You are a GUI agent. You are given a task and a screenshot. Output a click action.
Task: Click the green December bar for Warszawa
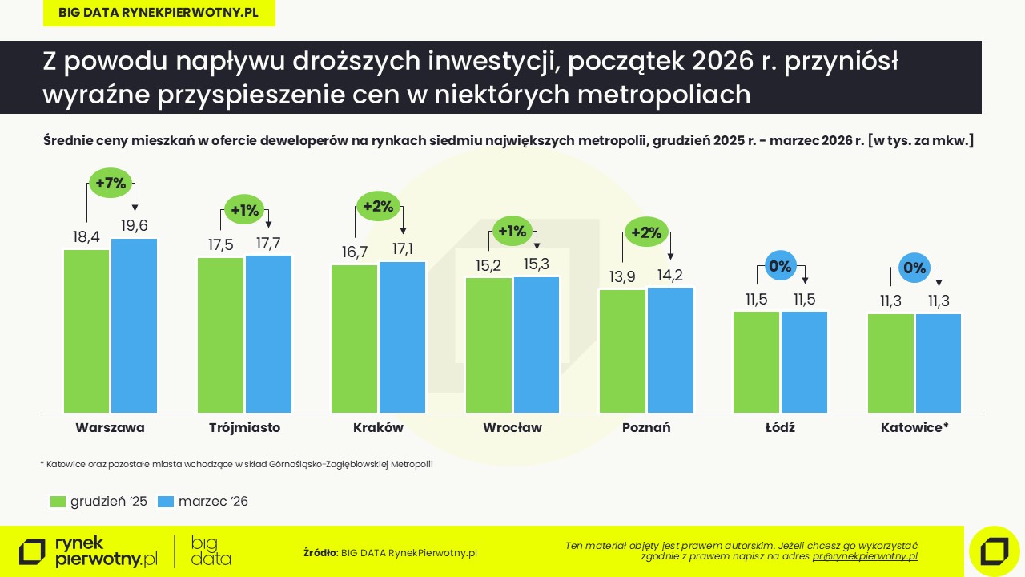(86, 331)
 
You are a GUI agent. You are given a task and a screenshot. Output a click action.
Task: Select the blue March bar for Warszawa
(134, 325)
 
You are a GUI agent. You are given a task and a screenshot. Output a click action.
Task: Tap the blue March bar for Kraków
(402, 337)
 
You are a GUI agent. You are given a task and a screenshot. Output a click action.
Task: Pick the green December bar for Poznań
(622, 351)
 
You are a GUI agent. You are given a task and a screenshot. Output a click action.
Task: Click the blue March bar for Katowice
(938, 363)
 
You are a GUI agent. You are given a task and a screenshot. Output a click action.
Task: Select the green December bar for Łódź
(756, 361)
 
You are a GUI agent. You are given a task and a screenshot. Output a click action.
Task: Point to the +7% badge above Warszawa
(111, 183)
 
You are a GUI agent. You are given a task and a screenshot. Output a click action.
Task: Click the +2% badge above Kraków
(378, 206)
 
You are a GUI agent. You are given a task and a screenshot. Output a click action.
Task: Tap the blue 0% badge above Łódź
(780, 266)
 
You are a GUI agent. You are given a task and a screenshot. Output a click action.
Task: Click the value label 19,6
(135, 226)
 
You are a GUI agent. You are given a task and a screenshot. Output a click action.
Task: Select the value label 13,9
(622, 276)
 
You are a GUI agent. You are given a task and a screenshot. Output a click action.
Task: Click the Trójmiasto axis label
(244, 428)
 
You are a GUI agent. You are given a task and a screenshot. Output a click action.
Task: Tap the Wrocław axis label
(512, 428)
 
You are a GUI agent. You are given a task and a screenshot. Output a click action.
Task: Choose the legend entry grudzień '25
(98, 502)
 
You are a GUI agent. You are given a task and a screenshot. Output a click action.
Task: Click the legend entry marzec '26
(203, 502)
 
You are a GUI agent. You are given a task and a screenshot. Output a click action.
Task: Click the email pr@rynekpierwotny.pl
(865, 556)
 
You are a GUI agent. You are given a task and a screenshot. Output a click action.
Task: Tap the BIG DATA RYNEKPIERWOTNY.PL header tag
(159, 13)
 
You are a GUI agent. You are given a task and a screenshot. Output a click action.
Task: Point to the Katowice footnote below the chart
(236, 464)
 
